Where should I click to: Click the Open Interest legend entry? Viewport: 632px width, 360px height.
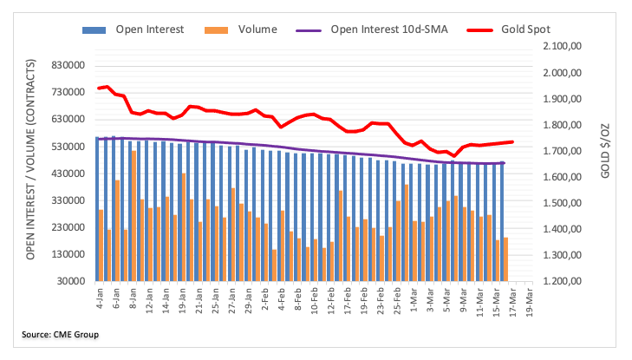point(149,29)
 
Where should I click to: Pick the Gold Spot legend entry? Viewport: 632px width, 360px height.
point(525,29)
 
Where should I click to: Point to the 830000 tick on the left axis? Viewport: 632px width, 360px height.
point(68,66)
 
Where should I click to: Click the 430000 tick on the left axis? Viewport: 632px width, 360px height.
point(68,173)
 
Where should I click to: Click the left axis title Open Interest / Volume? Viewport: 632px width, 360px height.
point(31,160)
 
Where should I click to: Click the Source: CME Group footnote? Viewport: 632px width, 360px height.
point(62,334)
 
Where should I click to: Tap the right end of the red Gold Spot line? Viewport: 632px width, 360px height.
point(512,141)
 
